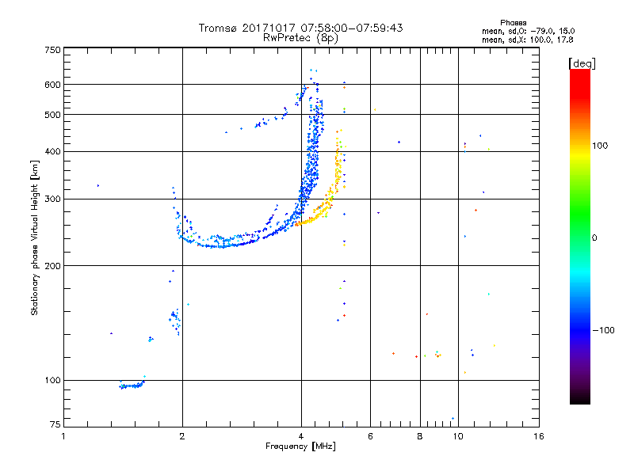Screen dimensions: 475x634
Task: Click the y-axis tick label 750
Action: click(53, 50)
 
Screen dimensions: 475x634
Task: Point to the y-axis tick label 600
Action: click(53, 85)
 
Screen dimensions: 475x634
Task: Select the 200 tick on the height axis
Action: click(53, 266)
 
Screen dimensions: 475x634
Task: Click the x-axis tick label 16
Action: click(538, 436)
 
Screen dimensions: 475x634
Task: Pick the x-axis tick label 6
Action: click(370, 436)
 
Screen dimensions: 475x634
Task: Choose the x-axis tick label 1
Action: click(63, 436)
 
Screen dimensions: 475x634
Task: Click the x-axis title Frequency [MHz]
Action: click(300, 446)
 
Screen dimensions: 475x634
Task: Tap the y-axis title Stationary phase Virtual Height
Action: click(35, 237)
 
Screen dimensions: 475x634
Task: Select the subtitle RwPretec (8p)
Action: click(300, 37)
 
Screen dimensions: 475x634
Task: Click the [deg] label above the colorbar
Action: click(582, 63)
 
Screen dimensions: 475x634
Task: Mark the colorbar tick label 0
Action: click(594, 237)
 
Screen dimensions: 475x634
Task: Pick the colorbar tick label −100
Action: click(604, 329)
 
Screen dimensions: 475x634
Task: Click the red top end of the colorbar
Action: click(579, 74)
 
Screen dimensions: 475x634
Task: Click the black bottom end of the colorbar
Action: click(579, 400)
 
